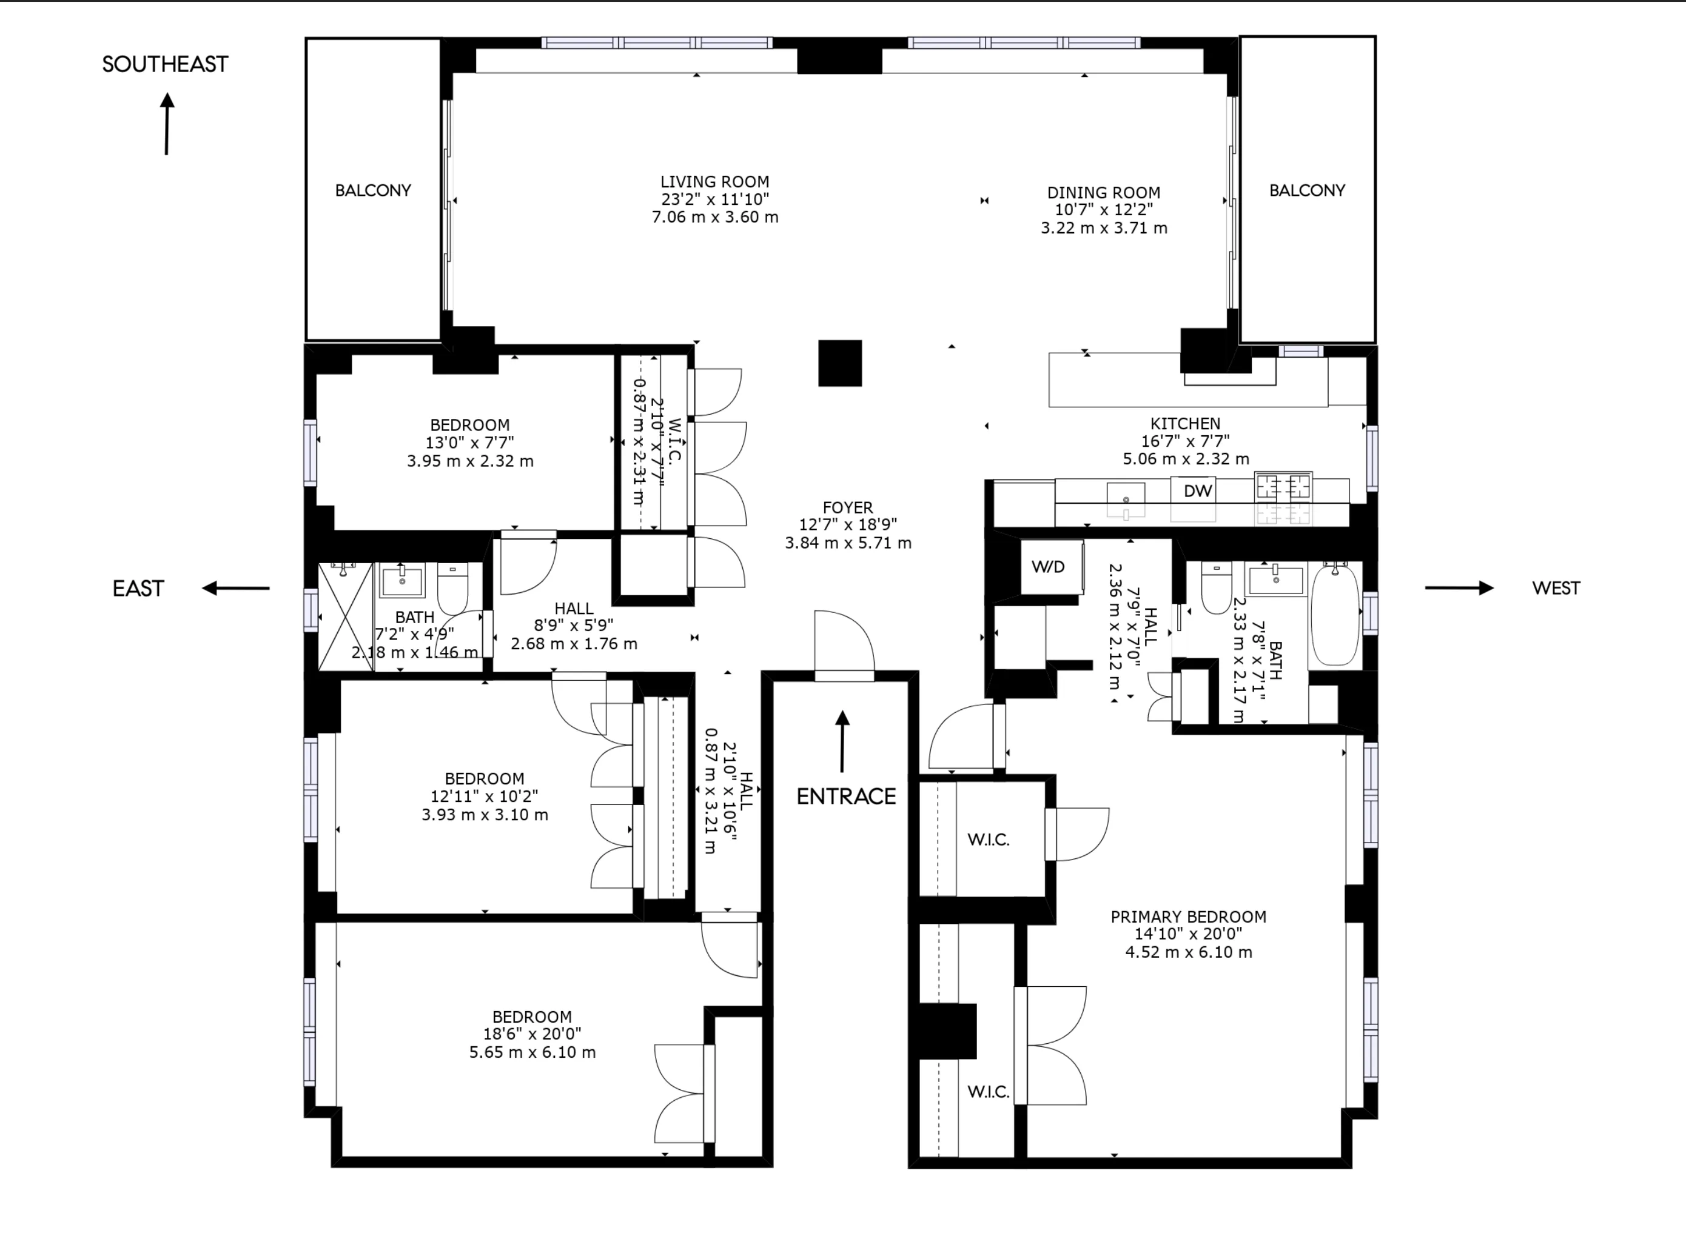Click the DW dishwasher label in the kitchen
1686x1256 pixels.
1197,491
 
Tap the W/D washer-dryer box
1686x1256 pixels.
1048,566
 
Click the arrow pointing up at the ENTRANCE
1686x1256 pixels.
842,741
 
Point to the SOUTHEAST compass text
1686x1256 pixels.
165,65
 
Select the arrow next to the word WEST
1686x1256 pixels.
1459,588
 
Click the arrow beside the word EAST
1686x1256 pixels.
236,588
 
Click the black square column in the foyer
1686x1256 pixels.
839,364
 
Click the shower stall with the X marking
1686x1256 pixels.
345,616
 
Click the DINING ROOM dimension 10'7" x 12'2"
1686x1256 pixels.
1103,210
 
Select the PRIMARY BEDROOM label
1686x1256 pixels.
1188,917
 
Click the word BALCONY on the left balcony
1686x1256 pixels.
372,191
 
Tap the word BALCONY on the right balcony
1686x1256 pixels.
1306,191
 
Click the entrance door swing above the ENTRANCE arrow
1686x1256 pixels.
844,643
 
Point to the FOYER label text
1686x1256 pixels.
847,507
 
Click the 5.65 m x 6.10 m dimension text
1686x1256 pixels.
532,1052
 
